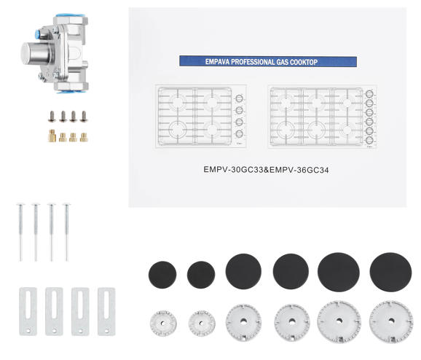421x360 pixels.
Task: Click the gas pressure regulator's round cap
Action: [x=30, y=52]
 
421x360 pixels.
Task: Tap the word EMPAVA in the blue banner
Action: [x=218, y=62]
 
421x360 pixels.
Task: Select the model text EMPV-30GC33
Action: [x=233, y=170]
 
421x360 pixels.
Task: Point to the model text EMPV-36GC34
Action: [x=299, y=170]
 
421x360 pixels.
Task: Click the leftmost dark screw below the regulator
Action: [x=52, y=117]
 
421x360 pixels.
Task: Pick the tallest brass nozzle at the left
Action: [x=52, y=136]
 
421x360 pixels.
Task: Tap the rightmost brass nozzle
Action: [x=84, y=137]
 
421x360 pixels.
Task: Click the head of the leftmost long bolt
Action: [x=20, y=205]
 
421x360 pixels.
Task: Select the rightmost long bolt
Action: [x=66, y=232]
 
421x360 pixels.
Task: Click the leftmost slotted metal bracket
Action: [x=28, y=311]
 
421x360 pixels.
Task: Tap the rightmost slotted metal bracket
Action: [x=106, y=311]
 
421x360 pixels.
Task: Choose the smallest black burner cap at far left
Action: [x=162, y=275]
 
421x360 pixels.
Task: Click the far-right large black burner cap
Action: [x=390, y=272]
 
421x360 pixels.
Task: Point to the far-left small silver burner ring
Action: [x=163, y=323]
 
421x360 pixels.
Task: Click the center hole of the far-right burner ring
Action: [x=391, y=321]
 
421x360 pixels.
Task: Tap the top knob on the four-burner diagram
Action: [x=239, y=98]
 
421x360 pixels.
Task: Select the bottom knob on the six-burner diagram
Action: [x=369, y=140]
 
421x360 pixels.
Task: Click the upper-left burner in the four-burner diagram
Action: [x=178, y=102]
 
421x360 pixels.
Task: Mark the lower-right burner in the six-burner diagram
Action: [x=347, y=130]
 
